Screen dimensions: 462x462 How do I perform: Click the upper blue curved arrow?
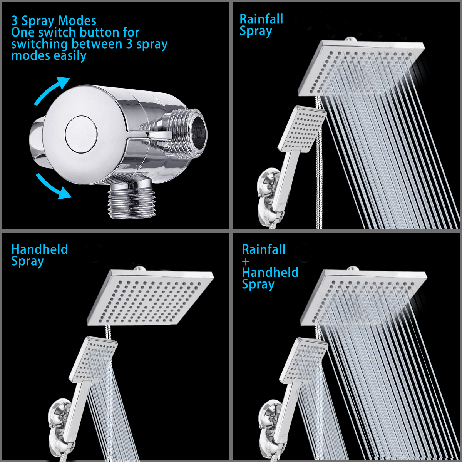[49, 90]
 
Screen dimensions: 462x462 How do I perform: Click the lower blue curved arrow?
[52, 187]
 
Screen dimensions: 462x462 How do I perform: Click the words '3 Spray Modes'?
[54, 21]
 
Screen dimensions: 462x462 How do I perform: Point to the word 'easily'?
[70, 56]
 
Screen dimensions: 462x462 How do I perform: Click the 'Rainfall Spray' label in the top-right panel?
[261, 25]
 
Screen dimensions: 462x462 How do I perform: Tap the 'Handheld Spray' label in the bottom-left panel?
[40, 255]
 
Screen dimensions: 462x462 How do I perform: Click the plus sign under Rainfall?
[246, 261]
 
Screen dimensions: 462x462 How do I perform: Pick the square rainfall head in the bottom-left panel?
[150, 297]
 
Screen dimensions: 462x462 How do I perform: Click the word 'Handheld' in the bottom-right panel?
[270, 272]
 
